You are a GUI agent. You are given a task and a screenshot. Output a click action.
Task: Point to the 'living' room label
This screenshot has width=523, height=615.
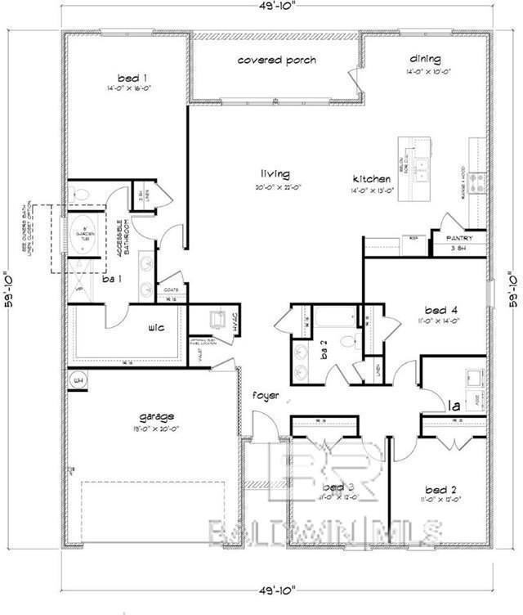point(275,173)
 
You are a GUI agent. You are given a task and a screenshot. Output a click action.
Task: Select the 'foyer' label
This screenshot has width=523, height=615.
point(266,396)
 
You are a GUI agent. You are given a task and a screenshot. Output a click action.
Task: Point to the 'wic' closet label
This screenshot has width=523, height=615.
point(157,328)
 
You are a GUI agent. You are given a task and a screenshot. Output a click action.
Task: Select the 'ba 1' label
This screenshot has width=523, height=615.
point(112,279)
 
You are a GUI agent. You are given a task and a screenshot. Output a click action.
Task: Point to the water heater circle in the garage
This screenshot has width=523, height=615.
point(79,380)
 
